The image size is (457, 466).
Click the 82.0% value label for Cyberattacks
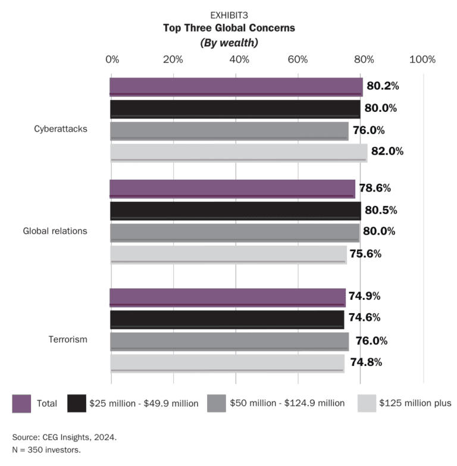click(x=387, y=151)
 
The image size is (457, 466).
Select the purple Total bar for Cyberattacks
click(x=236, y=87)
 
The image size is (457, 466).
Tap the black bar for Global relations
click(x=235, y=210)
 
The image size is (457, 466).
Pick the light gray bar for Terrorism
click(x=227, y=362)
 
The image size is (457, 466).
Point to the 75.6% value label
click(x=366, y=254)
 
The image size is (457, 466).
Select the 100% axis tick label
click(x=422, y=60)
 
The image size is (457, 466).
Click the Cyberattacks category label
click(x=61, y=129)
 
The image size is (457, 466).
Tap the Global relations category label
click(x=55, y=231)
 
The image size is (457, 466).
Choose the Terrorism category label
click(x=68, y=339)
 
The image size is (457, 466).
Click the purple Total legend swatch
click(x=21, y=403)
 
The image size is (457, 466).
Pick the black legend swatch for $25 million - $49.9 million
click(x=77, y=403)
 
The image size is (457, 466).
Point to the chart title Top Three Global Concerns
click(x=229, y=28)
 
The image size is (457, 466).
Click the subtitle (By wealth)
click(x=229, y=42)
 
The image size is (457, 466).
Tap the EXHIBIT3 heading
click(x=229, y=15)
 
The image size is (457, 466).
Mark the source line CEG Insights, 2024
click(x=64, y=437)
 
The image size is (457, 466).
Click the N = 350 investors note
click(x=46, y=449)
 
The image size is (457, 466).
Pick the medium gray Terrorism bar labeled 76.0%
click(x=229, y=340)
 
